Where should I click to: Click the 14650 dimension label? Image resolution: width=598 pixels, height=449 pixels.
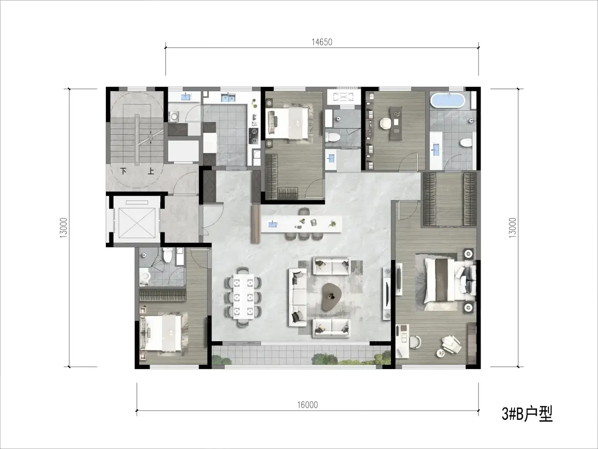pos(322,42)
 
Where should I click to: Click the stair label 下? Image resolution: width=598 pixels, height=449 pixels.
pos(123,171)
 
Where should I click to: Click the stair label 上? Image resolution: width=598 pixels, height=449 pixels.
pos(151,171)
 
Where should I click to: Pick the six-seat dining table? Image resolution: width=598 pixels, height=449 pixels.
pos(243,296)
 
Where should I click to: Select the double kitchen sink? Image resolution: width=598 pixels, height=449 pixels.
pos(228,97)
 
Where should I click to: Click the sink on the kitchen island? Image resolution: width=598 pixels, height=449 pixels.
pos(273,224)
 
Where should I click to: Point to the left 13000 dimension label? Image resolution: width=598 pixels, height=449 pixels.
pos(64,228)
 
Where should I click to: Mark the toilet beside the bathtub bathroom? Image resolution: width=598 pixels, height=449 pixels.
pos(467,142)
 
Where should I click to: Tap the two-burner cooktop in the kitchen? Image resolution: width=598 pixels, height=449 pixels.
pos(254,136)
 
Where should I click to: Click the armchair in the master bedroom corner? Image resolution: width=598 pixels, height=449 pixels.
pos(451,345)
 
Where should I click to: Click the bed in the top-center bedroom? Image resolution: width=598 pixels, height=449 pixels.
pos(289,123)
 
